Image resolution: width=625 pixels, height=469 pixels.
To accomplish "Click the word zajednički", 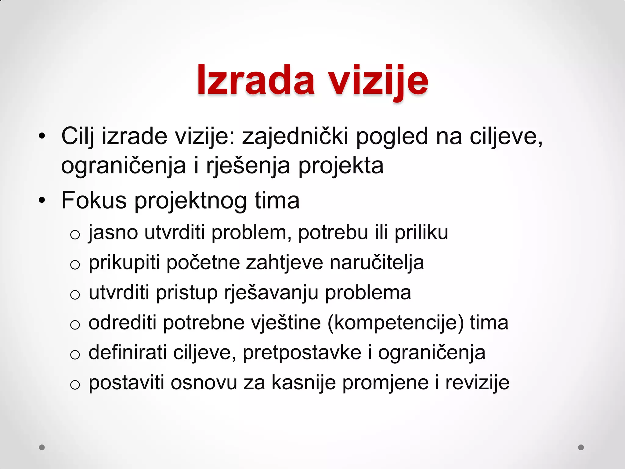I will click(x=295, y=136).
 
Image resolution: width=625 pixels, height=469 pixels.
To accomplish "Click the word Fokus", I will click(x=94, y=201).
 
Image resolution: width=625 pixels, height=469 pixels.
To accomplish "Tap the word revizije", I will click(x=477, y=383).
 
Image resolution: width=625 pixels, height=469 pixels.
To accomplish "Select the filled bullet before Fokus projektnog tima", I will click(x=42, y=201).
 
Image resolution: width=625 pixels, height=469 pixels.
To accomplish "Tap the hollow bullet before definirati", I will click(x=75, y=354).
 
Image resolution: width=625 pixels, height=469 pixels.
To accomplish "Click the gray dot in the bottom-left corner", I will click(x=42, y=447).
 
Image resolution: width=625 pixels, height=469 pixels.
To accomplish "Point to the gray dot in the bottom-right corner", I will click(x=581, y=447).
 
